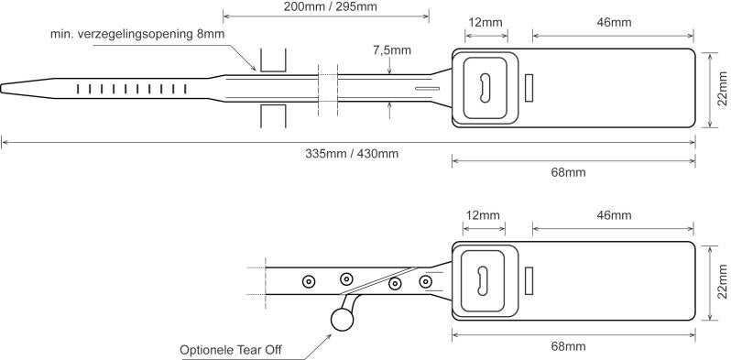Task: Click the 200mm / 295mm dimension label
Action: [325, 6]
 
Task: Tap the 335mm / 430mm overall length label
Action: [352, 153]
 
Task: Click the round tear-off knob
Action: [342, 319]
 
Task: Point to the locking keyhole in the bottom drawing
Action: [483, 280]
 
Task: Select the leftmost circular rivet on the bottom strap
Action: [309, 279]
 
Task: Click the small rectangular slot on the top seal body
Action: [529, 88]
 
